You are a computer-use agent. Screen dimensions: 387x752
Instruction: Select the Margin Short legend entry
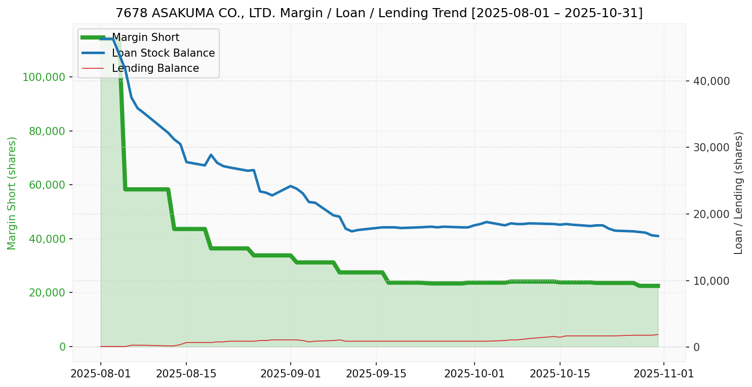[x=145, y=37]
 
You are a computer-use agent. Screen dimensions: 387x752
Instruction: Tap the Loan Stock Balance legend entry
[x=163, y=53]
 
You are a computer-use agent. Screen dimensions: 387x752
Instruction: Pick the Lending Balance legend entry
[x=155, y=68]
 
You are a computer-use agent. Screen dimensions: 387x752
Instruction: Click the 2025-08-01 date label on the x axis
[x=101, y=374]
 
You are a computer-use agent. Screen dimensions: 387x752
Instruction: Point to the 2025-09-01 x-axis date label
[x=291, y=374]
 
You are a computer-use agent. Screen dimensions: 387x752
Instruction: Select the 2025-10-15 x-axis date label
[x=560, y=374]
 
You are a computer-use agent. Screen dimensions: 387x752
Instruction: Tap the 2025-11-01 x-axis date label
[x=664, y=374]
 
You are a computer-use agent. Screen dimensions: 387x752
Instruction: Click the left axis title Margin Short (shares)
[x=12, y=193]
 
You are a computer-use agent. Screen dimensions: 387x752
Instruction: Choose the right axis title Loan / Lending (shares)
[x=739, y=193]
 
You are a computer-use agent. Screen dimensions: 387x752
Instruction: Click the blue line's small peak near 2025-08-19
[x=211, y=155]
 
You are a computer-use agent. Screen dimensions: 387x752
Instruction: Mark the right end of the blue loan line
[x=658, y=236]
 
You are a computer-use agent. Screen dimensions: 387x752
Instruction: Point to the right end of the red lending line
[x=658, y=334]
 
